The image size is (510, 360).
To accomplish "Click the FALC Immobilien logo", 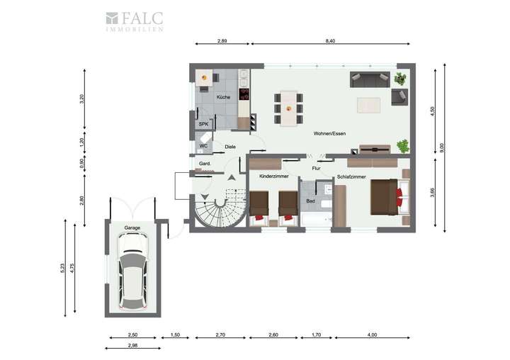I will point(134,21).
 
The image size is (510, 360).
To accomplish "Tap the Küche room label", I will point(223,97).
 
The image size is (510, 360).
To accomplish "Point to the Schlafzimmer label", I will point(351,176).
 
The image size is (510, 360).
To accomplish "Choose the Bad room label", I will point(310,201).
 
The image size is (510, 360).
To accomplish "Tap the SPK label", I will point(203,124).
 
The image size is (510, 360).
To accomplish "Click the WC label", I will point(203,146).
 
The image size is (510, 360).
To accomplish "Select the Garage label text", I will point(132,228).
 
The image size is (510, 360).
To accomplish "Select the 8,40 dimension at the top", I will point(330,43).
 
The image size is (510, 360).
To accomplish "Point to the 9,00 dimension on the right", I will point(442,147).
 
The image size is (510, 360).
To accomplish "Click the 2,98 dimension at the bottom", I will point(132,345).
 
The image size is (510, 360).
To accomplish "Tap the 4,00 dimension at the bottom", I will point(373,334).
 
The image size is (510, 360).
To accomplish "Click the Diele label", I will point(229,147).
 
